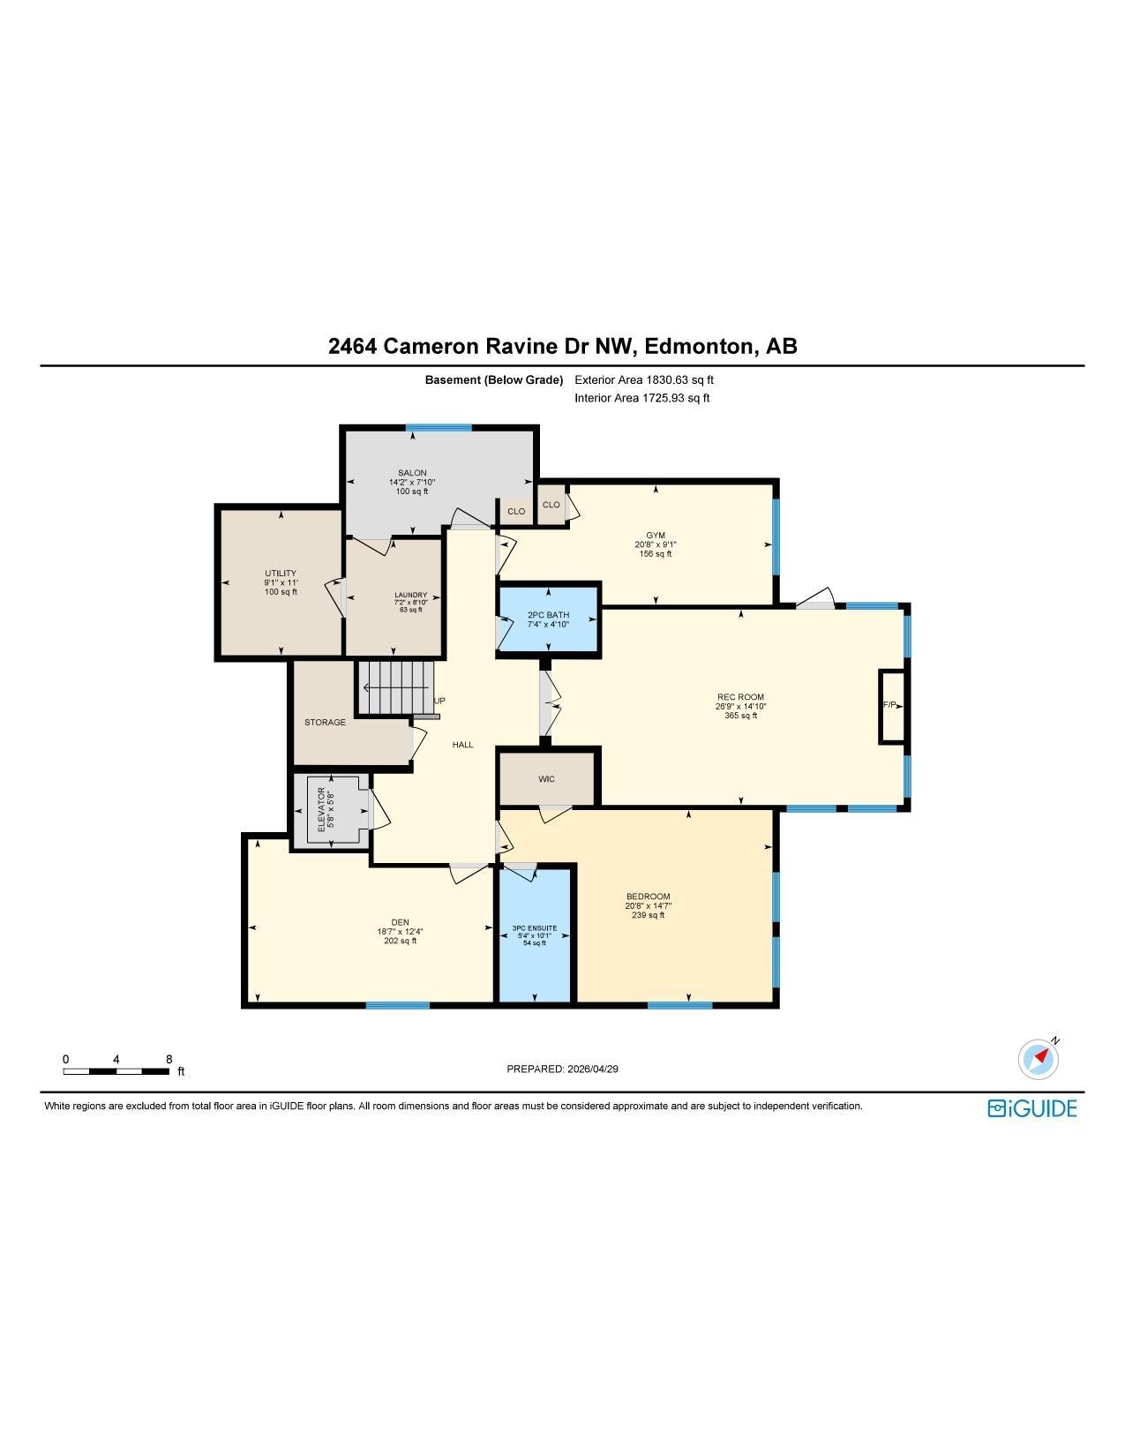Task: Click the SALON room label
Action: point(411,473)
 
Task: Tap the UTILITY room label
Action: point(280,574)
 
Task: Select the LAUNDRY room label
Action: point(411,595)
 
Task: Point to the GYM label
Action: point(656,536)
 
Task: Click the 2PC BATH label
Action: point(548,615)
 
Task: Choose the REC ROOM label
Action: point(740,697)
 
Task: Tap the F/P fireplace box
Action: point(892,706)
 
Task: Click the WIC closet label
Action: point(546,779)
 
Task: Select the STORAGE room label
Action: point(325,723)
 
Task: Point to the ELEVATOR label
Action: point(321,809)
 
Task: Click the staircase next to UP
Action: point(394,688)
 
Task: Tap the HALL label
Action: point(462,745)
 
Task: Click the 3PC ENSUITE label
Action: point(535,928)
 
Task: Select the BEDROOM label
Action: point(648,897)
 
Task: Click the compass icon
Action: point(1038,1059)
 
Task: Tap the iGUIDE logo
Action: point(1031,1108)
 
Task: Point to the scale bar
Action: point(116,1071)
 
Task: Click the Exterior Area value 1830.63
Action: point(667,380)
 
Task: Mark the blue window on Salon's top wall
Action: point(439,427)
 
